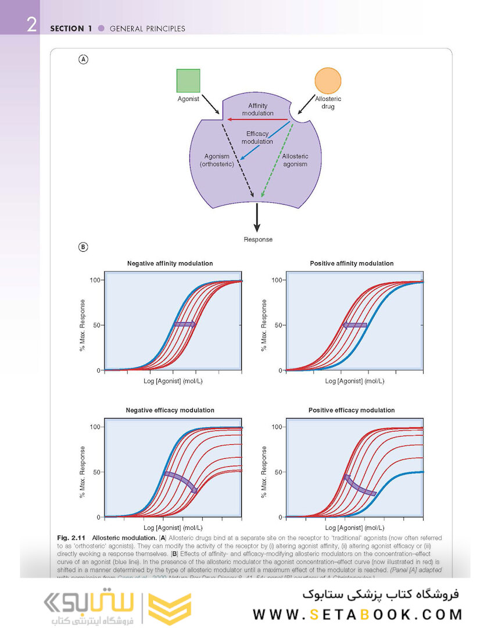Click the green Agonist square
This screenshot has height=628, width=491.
point(188,81)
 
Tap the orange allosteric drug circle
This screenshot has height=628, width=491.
point(328,81)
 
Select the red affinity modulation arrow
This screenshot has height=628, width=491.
point(258,119)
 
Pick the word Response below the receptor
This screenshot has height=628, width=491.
point(258,239)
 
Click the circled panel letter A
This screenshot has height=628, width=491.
point(84,59)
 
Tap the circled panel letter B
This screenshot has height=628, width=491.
point(84,247)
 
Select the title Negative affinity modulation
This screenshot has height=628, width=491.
point(170,263)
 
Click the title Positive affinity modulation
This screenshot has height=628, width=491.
point(352,263)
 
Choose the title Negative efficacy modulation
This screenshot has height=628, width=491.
point(170,410)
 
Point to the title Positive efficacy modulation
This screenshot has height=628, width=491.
point(352,410)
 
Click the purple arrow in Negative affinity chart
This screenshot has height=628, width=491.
point(184,324)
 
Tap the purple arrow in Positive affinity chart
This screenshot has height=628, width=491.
point(354,325)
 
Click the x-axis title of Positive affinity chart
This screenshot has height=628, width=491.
point(354,381)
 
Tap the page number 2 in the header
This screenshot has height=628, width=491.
point(31,26)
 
